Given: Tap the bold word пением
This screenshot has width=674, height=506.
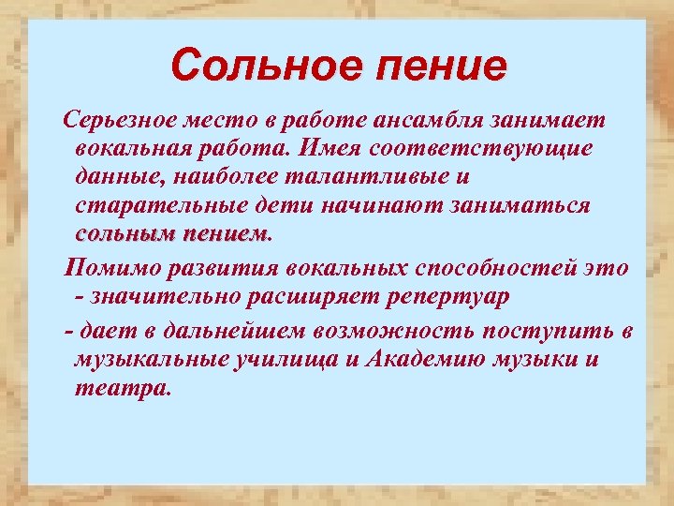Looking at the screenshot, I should [224, 233].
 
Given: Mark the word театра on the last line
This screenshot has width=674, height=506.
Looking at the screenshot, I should [122, 388].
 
